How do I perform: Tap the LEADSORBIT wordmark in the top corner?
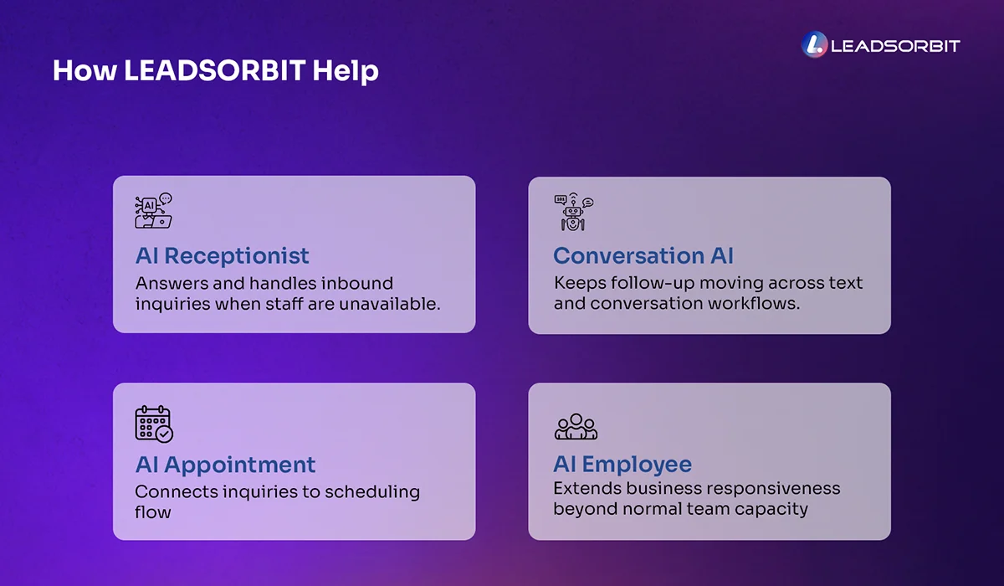click(x=894, y=46)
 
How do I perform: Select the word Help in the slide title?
click(x=346, y=70)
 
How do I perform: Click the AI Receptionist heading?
click(x=222, y=255)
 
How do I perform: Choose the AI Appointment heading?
click(x=225, y=465)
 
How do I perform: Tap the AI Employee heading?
click(x=622, y=465)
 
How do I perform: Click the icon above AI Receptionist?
click(x=153, y=212)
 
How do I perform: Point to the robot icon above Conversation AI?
click(x=573, y=213)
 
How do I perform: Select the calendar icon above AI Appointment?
click(x=154, y=424)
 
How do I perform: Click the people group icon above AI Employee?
click(x=576, y=426)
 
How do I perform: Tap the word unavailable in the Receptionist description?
click(x=389, y=304)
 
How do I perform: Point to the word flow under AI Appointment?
click(x=152, y=511)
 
